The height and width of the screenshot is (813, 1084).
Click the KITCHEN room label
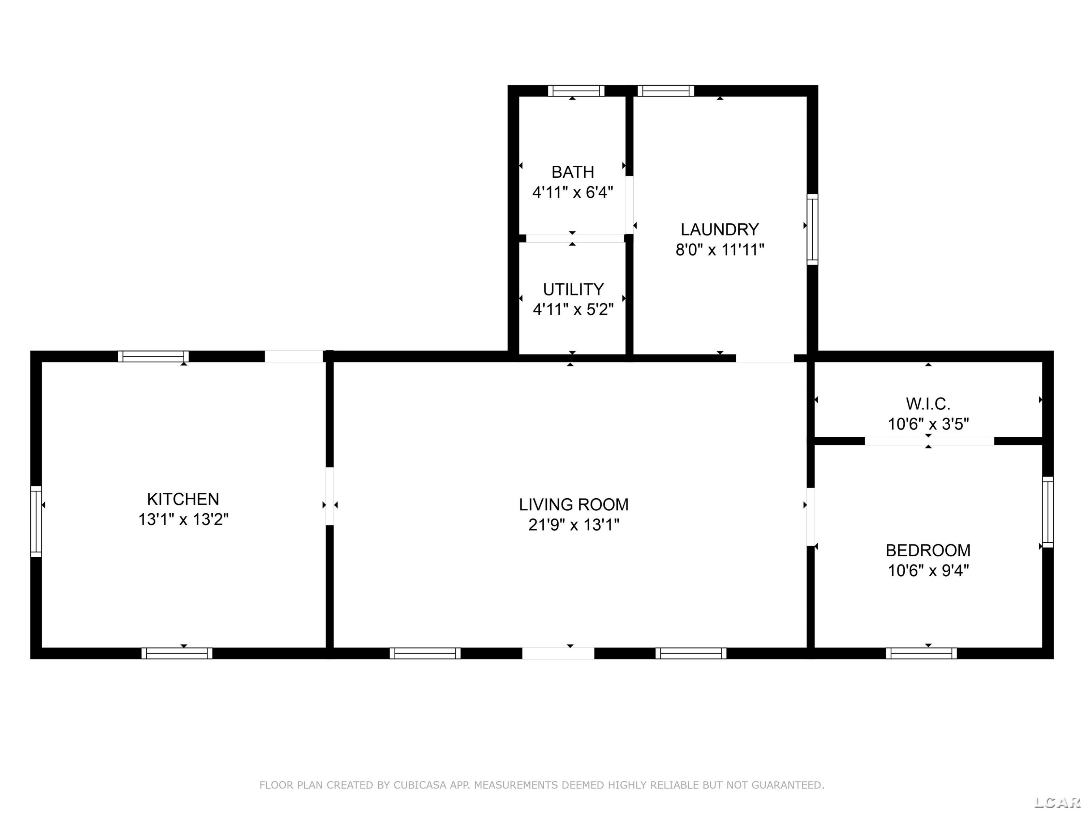coord(183,499)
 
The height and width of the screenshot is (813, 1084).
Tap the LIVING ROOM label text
coord(573,504)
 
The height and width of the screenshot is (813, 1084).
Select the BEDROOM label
coord(928,550)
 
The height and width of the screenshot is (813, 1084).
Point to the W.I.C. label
coord(928,404)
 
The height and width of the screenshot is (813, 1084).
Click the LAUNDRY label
coord(719,229)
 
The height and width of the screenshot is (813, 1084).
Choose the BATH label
coord(572,172)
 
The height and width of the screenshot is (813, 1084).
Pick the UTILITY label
coord(573,290)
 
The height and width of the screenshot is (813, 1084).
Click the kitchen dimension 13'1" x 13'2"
coord(183,520)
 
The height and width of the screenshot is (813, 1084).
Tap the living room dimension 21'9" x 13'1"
coord(573,525)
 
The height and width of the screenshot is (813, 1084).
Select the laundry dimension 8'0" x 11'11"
coord(719,250)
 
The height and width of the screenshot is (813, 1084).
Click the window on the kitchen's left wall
coord(36,521)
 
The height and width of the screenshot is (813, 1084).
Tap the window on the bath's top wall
coord(576,91)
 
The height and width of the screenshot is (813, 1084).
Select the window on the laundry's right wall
coord(812,229)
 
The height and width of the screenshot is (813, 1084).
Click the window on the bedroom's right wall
coord(1047,512)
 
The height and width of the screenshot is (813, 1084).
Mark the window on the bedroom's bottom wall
coord(921,653)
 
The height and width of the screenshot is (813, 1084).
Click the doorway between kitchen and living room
coord(329,496)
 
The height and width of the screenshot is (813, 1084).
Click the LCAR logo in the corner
coord(1057,802)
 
